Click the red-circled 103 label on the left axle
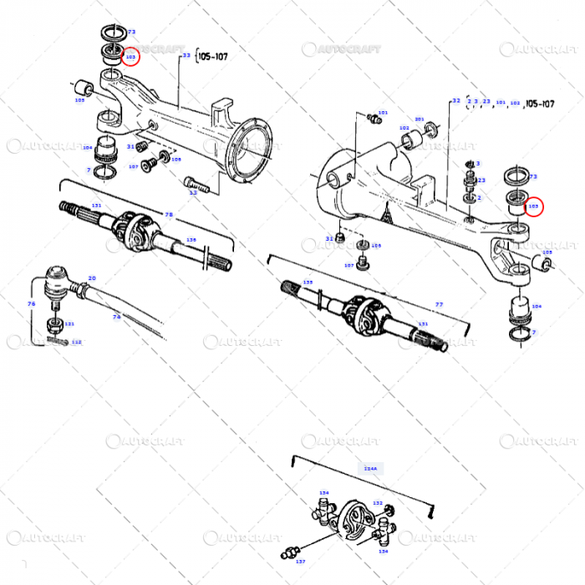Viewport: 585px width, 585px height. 130,56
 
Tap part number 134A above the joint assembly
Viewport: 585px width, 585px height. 370,470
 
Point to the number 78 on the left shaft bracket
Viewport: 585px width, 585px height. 169,215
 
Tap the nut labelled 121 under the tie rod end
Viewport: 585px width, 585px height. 53,323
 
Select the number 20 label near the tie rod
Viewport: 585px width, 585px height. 92,278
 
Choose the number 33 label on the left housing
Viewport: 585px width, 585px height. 186,55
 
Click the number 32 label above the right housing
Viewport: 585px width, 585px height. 456,101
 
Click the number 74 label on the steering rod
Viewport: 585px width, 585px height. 117,318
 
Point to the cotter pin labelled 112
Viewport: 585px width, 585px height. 58,340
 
